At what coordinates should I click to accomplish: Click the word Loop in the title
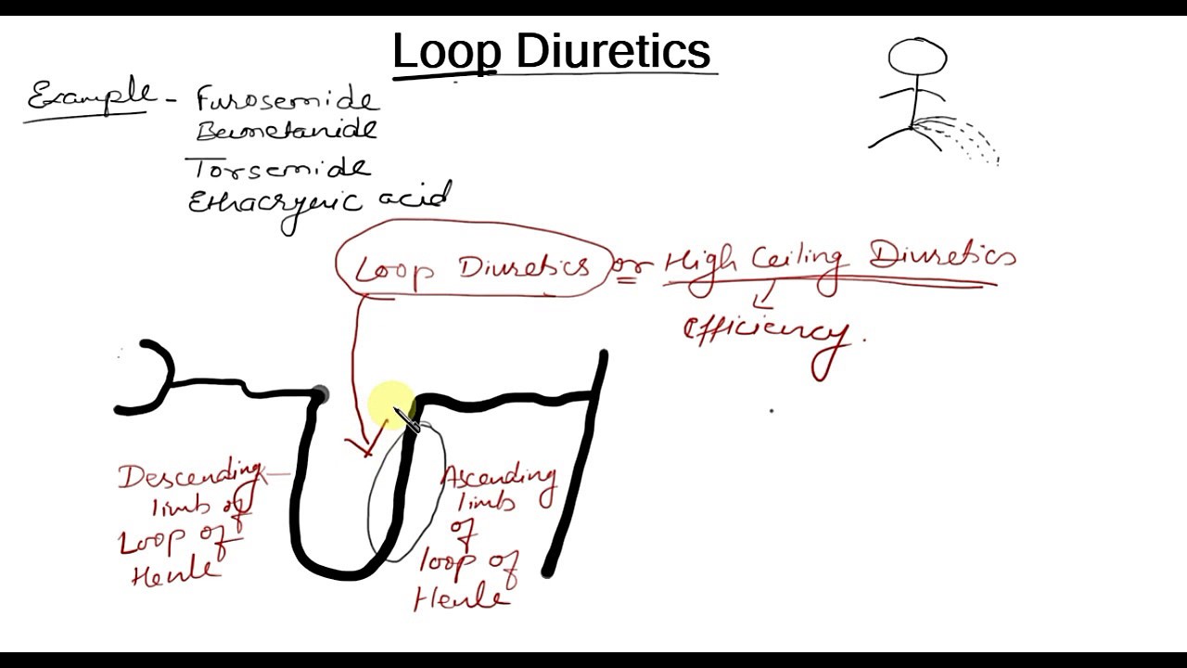pyautogui.click(x=446, y=51)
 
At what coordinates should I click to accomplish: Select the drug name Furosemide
pyautogui.click(x=287, y=99)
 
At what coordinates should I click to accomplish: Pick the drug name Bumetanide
pyautogui.click(x=287, y=129)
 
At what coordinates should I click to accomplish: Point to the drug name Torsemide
pyautogui.click(x=279, y=168)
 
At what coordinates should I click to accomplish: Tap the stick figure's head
pyautogui.click(x=917, y=58)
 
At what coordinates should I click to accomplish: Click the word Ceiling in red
pyautogui.click(x=796, y=261)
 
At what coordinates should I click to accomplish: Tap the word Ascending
pyautogui.click(x=498, y=478)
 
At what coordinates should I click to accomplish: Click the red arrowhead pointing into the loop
pyautogui.click(x=364, y=447)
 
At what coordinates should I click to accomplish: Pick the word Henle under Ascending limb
pyautogui.click(x=460, y=597)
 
